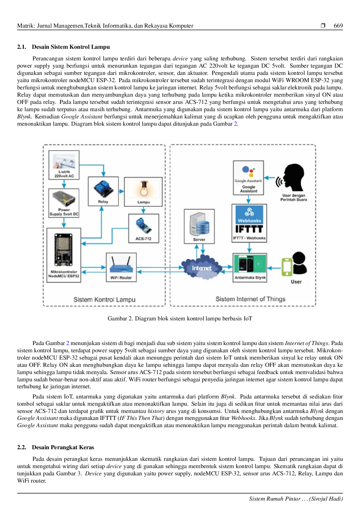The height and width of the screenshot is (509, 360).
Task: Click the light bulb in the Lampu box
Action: click(143, 189)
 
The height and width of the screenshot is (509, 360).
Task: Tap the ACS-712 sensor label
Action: click(143, 239)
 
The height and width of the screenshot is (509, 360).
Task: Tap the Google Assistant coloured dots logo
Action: click(248, 171)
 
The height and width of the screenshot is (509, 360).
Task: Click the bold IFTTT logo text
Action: click(249, 229)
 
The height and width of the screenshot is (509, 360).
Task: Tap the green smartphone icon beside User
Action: click(287, 267)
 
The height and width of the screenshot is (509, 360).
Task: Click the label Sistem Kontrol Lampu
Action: click(104, 299)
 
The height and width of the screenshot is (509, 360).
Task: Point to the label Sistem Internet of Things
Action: click(250, 299)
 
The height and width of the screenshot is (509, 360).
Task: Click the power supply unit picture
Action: click(64, 198)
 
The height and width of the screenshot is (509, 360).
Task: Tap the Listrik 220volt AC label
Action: click(64, 174)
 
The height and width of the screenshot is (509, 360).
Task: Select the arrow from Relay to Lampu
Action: click(121, 192)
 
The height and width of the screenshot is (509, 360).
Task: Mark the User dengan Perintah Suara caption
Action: click(294, 198)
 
